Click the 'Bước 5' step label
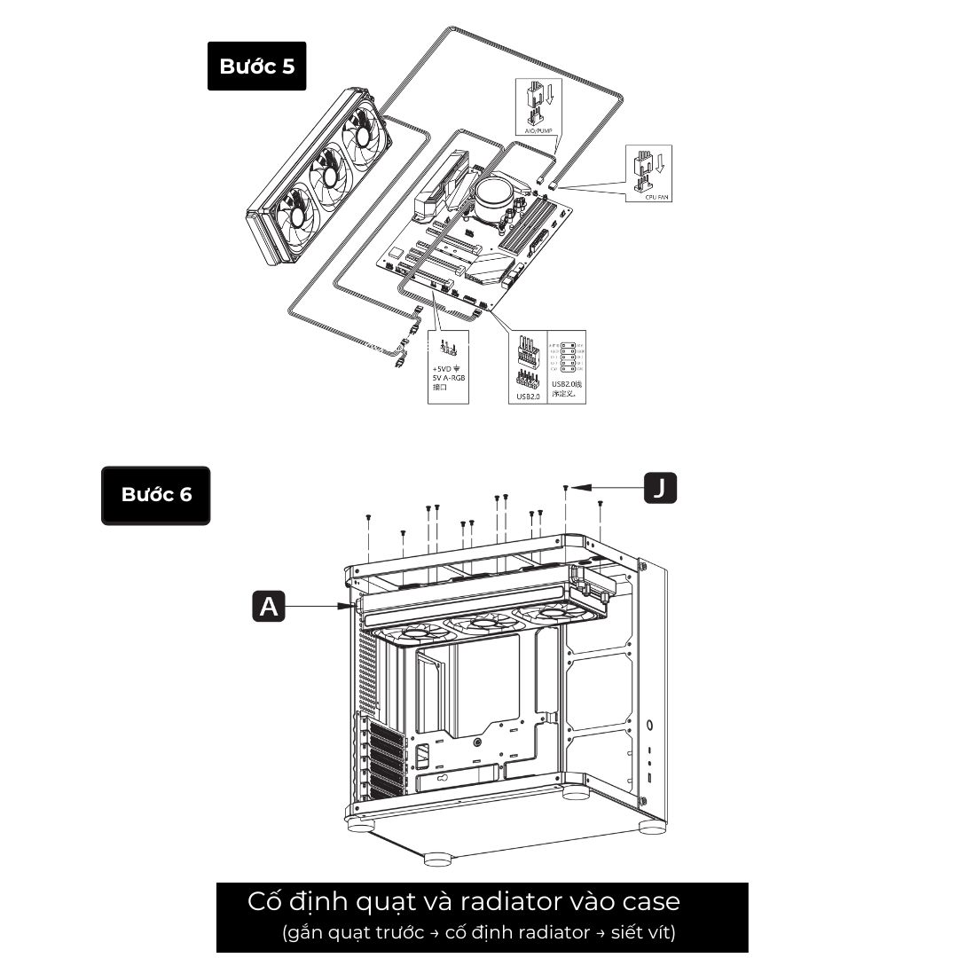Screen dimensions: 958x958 (256, 67)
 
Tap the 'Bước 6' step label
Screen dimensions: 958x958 (156, 495)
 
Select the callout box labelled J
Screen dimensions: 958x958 (659, 487)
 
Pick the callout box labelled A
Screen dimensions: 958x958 (269, 607)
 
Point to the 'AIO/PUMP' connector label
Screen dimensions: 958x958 (533, 130)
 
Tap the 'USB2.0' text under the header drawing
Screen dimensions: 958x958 (528, 397)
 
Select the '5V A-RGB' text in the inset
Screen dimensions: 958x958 (448, 378)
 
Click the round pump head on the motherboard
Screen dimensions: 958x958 (493, 192)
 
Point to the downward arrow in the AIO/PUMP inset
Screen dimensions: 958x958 (550, 95)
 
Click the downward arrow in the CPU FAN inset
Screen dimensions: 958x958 (659, 161)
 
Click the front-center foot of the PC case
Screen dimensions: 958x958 (437, 859)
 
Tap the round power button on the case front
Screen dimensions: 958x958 (652, 726)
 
